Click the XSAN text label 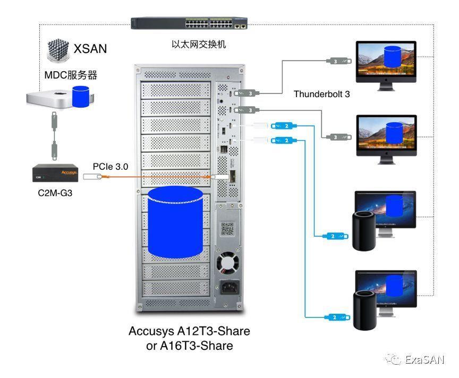pos(90,49)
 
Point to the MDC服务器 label pos(71,74)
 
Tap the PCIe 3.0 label pos(110,166)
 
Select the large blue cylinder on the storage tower pos(175,222)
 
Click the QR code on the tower pos(227,229)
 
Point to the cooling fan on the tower pos(227,262)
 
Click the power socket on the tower pos(227,289)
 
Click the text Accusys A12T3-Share pos(189,331)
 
